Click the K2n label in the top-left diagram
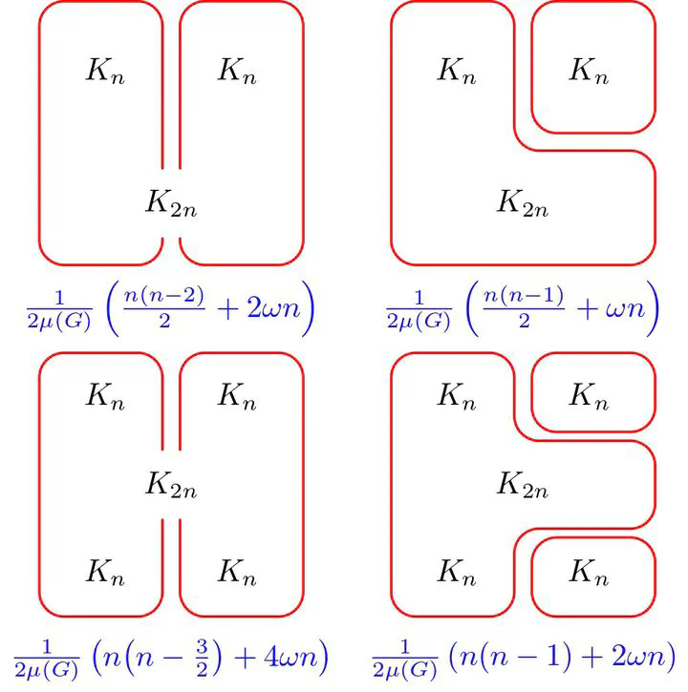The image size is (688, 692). click(x=171, y=203)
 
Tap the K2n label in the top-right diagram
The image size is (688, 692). click(x=523, y=203)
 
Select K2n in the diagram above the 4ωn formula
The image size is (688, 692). click(x=171, y=485)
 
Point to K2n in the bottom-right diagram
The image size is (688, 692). click(x=523, y=485)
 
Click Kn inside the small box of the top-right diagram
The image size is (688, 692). click(x=589, y=71)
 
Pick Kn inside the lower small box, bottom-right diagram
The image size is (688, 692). click(x=589, y=573)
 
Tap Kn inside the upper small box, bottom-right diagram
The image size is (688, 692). click(x=589, y=396)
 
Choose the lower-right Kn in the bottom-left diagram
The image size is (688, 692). click(x=237, y=573)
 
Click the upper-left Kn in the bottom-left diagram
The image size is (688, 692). click(x=105, y=396)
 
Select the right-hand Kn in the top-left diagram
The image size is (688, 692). click(x=237, y=71)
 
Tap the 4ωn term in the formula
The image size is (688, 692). click(x=291, y=657)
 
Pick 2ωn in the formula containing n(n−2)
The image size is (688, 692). click(x=273, y=307)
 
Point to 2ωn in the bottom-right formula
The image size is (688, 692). click(x=638, y=657)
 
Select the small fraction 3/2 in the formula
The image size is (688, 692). click(x=202, y=658)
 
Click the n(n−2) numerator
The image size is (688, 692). click(x=164, y=295)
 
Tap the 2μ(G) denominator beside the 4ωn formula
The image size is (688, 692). click(x=47, y=670)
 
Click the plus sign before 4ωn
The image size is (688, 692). click(x=246, y=658)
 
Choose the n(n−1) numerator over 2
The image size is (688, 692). click(x=524, y=295)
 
